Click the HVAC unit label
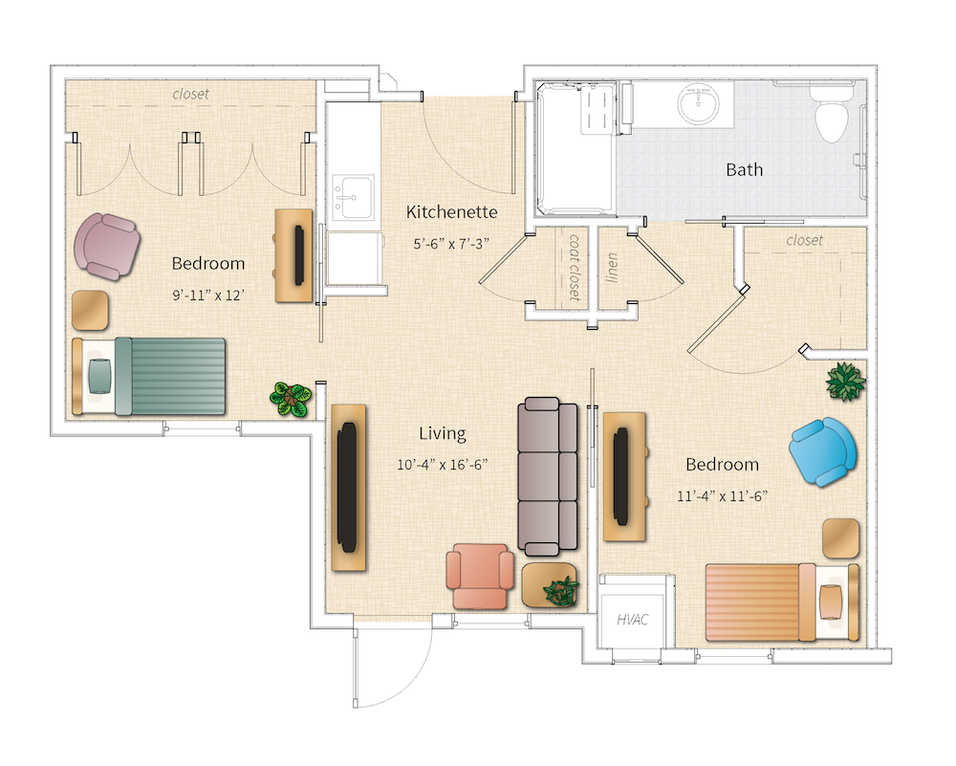point(632,620)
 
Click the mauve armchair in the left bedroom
point(108,247)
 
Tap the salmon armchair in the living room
point(481,575)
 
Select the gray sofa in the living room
point(548,476)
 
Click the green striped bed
point(150,376)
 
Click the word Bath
point(744,169)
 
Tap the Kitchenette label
point(451,211)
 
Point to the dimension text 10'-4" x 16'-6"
point(443,465)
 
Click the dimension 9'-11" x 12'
point(208,295)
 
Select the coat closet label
point(575,267)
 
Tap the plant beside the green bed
point(290,399)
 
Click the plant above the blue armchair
point(845,380)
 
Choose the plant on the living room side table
point(559,590)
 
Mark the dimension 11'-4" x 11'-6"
point(722,495)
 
